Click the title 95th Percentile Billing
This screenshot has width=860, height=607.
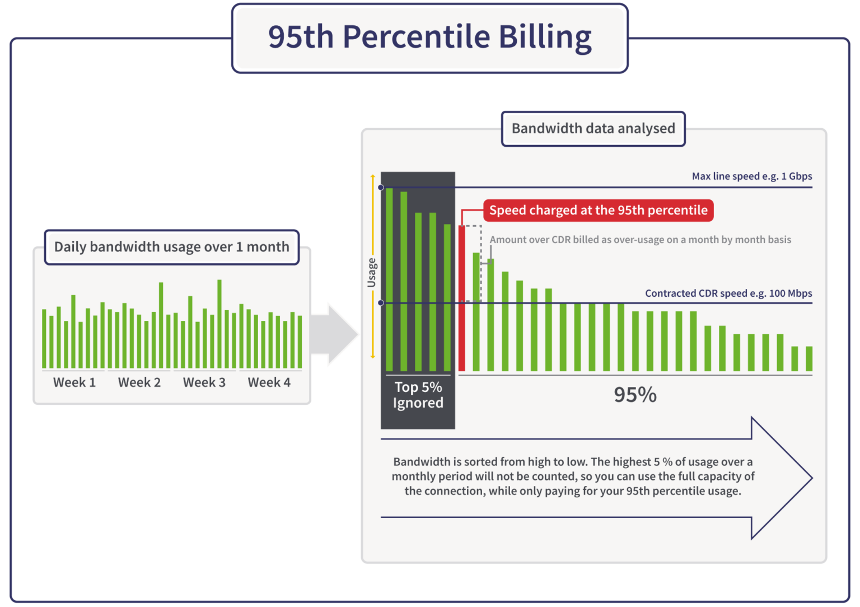[x=429, y=38]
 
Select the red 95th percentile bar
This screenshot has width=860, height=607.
[x=461, y=298]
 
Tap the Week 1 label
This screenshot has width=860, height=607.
[x=74, y=382]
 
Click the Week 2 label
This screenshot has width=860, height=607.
[x=139, y=382]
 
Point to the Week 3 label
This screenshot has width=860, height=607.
[x=204, y=382]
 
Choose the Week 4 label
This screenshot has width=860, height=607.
[x=269, y=382]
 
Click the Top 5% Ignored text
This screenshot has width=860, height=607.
[x=418, y=395]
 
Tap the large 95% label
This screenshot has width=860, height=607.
[x=635, y=395]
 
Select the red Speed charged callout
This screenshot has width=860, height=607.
[x=598, y=211]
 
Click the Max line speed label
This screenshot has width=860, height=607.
[x=751, y=176]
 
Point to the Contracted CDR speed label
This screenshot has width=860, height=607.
[x=728, y=293]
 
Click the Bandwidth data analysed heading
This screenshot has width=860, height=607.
[x=593, y=129]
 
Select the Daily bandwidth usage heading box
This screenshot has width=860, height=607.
[x=171, y=247]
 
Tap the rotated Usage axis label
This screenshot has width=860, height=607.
[x=371, y=273]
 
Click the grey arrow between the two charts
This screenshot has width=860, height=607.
[x=334, y=334]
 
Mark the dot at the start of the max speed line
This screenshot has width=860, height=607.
[x=381, y=188]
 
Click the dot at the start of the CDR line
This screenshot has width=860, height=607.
[x=381, y=303]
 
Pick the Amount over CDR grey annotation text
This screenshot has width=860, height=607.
[x=640, y=240]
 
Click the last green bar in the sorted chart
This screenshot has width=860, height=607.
[x=808, y=359]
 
